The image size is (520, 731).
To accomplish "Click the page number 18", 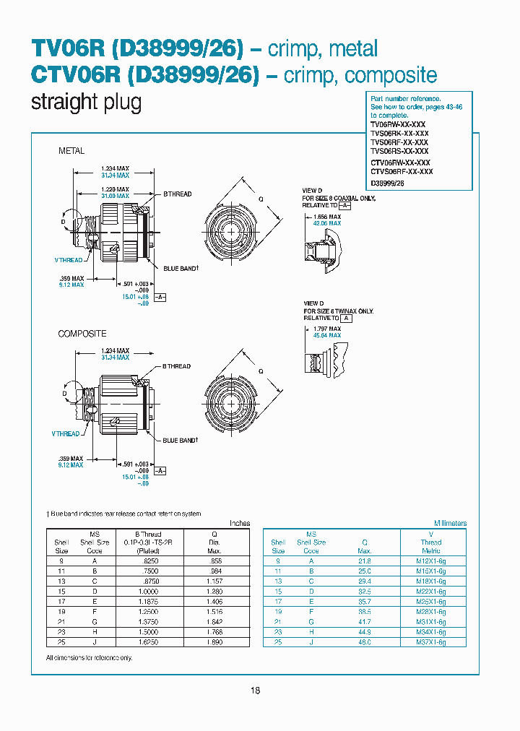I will tap(255, 691).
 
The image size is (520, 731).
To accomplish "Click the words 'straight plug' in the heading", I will tap(86, 102).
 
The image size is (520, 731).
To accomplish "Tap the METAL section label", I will tap(71, 151).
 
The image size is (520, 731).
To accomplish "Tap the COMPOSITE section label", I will tap(82, 334).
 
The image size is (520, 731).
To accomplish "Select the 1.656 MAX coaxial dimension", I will tap(326, 217).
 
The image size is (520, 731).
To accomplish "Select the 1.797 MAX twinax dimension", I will tap(326, 329).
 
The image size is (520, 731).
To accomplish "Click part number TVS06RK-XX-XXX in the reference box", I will tap(399, 134).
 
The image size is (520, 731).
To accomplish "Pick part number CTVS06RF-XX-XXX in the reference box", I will tap(402, 172).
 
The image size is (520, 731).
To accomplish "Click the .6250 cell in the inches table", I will tap(152, 561).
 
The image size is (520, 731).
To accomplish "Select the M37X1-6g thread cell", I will tap(431, 641).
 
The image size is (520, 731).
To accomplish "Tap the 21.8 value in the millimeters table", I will tap(365, 561).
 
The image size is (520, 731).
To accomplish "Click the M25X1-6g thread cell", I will tap(431, 601).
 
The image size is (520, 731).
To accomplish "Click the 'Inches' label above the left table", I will tap(239, 523).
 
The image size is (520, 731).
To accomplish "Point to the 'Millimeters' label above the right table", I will tap(450, 523).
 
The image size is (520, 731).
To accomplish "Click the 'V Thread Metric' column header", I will tap(431, 542).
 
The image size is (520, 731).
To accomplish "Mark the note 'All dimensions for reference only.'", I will tap(89, 658).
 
